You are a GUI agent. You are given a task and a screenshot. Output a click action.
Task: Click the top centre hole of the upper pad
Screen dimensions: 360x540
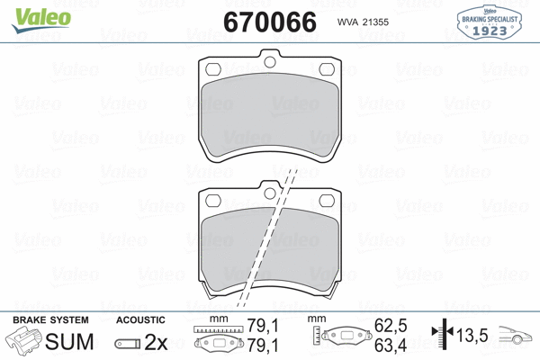[x=269, y=62]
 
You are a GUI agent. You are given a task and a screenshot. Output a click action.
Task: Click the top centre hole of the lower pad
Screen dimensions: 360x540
[x=269, y=192]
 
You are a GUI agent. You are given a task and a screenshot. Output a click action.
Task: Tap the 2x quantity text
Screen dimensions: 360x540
[x=157, y=342]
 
